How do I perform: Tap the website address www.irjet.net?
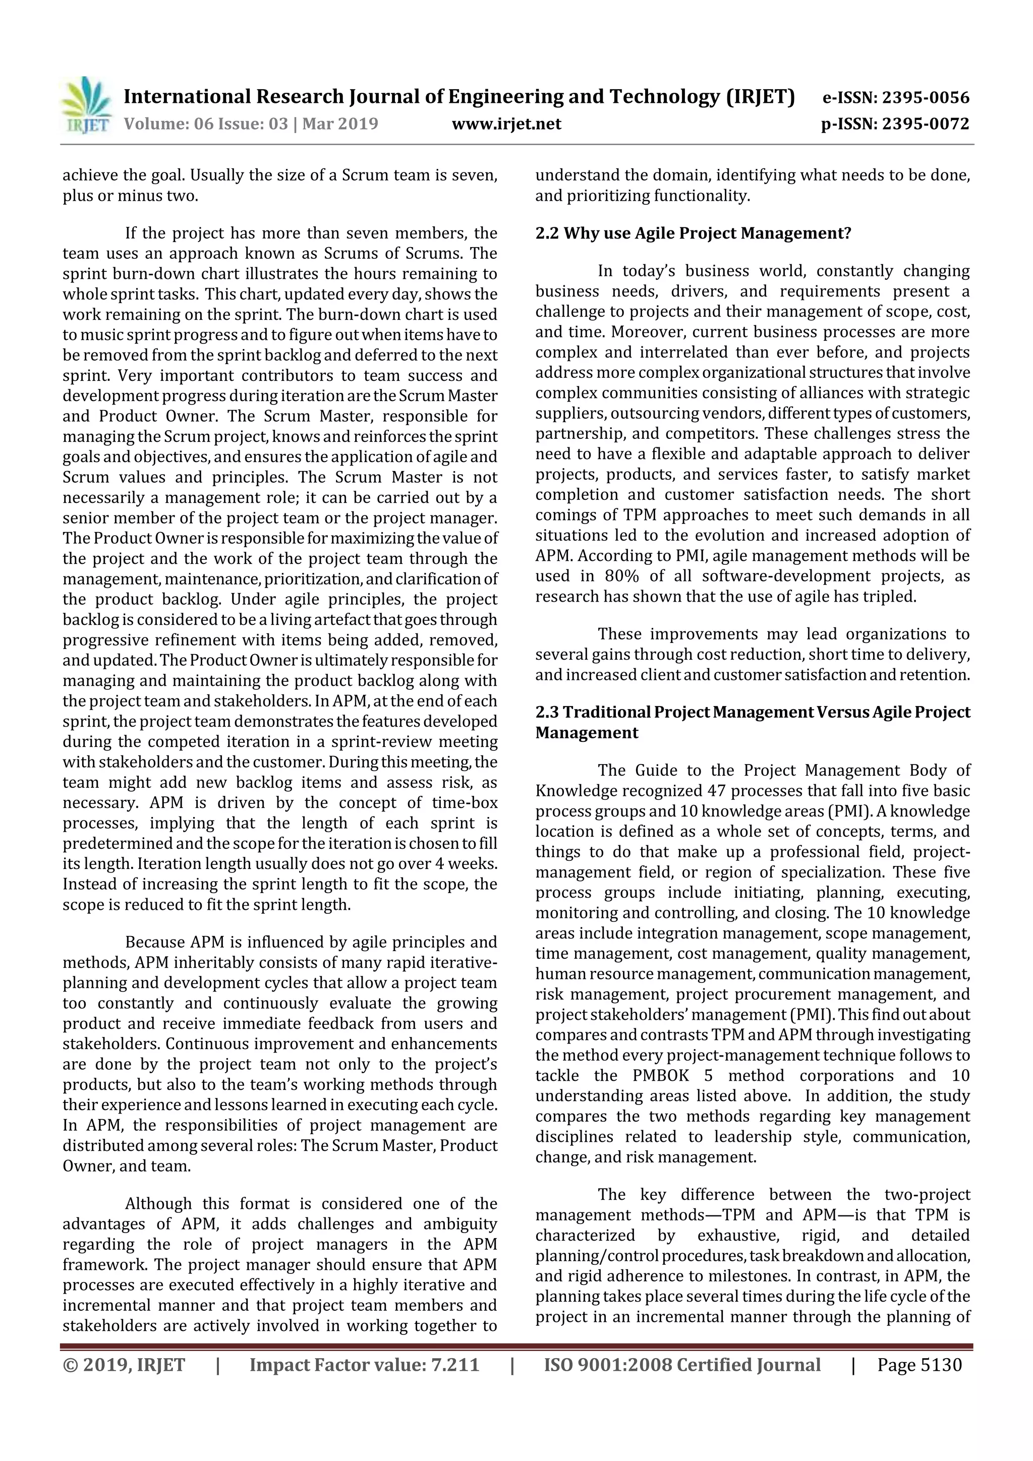pos(506,124)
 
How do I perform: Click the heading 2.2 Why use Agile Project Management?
pos(693,233)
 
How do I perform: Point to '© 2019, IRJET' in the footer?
pos(124,1364)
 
